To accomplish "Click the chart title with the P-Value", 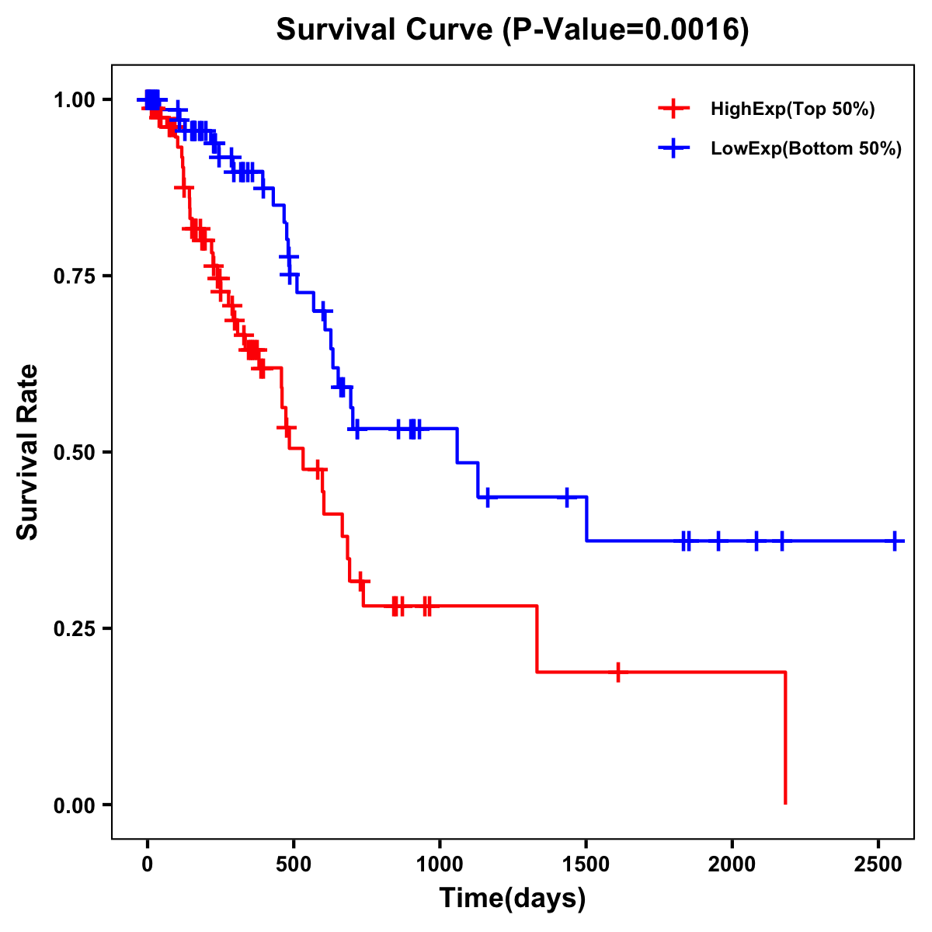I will [x=513, y=30].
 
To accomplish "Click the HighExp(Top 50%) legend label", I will [x=792, y=110].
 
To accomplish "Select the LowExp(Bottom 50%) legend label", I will [x=806, y=149].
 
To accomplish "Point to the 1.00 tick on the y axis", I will [x=74, y=100].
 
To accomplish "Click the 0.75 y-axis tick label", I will [x=74, y=276].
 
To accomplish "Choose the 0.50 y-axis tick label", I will [x=74, y=453].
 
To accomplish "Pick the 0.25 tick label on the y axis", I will [x=74, y=629].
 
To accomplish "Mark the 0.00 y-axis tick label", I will [x=74, y=805].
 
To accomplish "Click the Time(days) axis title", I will [x=513, y=899].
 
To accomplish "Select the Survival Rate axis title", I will [x=28, y=452].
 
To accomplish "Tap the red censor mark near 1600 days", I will [x=618, y=672].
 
